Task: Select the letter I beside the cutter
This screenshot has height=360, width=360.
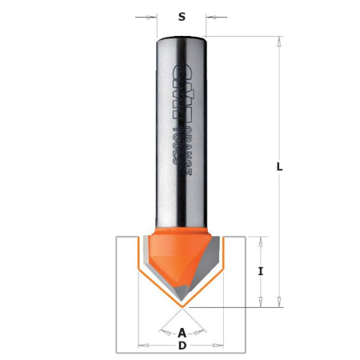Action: point(262,271)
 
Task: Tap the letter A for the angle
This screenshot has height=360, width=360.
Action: point(182,332)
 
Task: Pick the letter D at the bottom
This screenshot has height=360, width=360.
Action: point(182,346)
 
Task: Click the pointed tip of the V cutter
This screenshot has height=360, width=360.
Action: point(182,305)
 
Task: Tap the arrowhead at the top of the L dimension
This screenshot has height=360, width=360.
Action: point(279,40)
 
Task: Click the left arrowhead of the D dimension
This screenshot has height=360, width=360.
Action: point(142,346)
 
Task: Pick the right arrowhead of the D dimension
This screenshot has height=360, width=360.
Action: point(222,346)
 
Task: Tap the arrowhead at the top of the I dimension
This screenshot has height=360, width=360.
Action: point(262,241)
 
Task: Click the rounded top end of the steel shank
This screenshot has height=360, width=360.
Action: point(182,37)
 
